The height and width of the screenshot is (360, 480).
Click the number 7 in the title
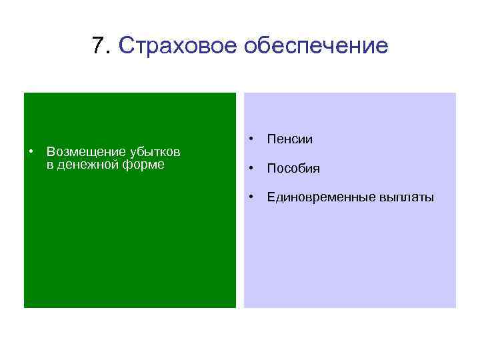(99, 46)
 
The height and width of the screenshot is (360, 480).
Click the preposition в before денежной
(50, 165)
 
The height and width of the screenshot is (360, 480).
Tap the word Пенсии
(289, 139)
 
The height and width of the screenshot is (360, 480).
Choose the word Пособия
(293, 169)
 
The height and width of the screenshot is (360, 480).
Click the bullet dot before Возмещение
(31, 153)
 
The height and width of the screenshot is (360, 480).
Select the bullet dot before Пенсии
(251, 139)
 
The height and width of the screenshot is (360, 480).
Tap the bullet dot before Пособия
(251, 169)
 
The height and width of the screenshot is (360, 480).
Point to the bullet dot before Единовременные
(251, 197)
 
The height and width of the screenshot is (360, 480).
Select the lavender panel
(350, 260)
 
